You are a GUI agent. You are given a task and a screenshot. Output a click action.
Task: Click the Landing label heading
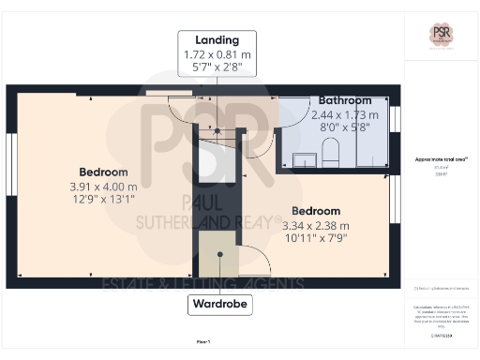[x=217, y=40]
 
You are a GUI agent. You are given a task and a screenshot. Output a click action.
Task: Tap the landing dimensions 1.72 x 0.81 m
[x=217, y=54]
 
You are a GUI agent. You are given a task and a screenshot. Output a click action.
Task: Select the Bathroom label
[x=344, y=100]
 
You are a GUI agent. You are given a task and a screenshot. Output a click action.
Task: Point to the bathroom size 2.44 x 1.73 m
[x=344, y=113]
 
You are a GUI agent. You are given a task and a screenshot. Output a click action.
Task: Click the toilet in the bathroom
[x=329, y=151]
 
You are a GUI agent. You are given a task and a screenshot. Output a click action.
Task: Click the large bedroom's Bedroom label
[x=103, y=172]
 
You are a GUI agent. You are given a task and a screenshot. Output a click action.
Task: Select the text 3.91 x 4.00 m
[x=103, y=186]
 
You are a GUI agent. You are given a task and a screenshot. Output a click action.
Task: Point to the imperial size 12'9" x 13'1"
[x=103, y=200]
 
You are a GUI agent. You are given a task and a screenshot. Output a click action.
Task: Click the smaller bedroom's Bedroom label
[x=316, y=211]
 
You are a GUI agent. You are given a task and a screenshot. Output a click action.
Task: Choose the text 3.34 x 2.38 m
[x=316, y=225]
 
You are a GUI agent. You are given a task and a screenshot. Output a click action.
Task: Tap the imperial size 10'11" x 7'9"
[x=316, y=240]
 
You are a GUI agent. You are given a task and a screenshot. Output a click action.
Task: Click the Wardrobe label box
[x=217, y=305]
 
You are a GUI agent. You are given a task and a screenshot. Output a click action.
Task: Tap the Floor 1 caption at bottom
[x=202, y=343]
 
